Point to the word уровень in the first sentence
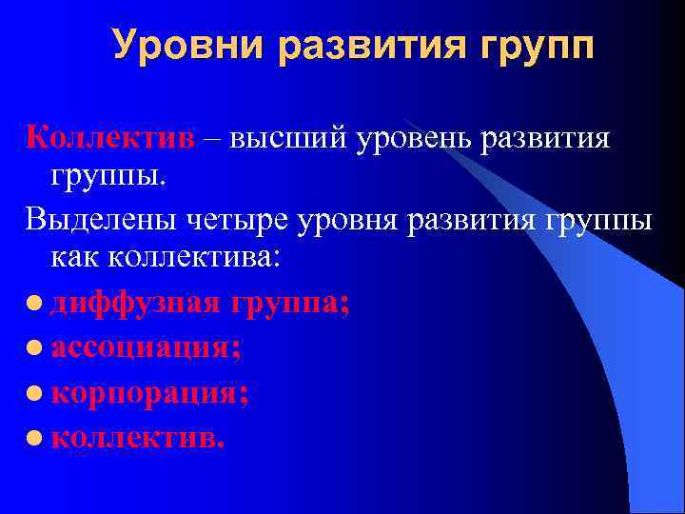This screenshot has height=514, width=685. point(416,139)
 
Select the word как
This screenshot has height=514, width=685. point(76,260)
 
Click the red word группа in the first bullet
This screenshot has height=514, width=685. point(284,305)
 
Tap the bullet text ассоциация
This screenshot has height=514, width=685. point(146,347)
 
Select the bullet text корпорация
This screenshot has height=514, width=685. point(150,392)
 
